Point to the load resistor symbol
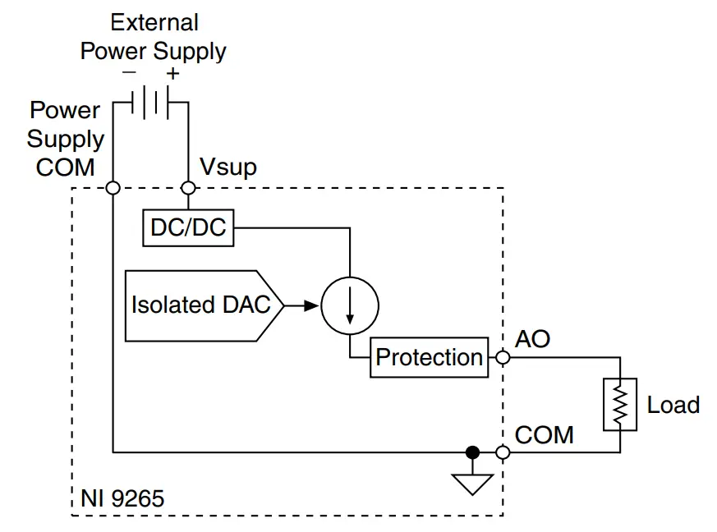point(619,405)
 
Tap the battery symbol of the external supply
point(150,103)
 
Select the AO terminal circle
point(503,357)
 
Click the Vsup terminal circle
point(188,188)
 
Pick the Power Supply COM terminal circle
point(113,188)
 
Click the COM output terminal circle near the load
point(503,452)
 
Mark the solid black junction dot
point(472,452)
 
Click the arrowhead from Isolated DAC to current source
point(311,305)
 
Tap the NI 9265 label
point(122,498)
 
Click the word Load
point(673,405)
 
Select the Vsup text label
point(228,167)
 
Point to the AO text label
point(532,339)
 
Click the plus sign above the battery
point(172,73)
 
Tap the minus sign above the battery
point(130,71)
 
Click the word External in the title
point(154,22)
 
